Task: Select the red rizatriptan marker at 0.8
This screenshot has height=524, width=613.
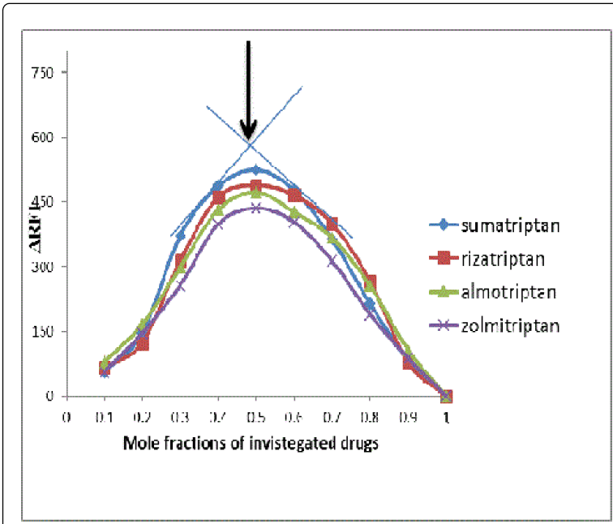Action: coord(370,282)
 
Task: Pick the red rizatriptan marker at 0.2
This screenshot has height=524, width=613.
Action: coord(143,344)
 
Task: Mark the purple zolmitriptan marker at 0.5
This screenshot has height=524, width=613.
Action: coord(255,208)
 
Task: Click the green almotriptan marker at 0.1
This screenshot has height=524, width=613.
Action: coord(105,362)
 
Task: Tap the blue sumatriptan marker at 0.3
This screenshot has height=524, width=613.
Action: coord(180,235)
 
